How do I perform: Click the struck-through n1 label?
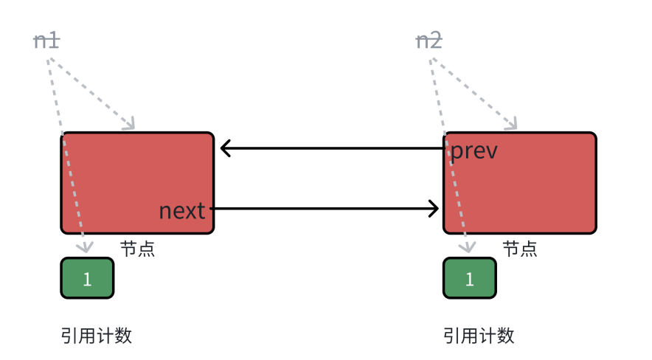tap(46, 41)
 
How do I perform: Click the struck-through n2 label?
tap(429, 41)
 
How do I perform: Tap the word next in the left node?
tap(182, 211)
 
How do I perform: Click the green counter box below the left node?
tap(87, 278)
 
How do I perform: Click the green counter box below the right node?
tap(470, 278)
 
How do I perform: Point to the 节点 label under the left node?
tap(137, 249)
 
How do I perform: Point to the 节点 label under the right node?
tap(520, 249)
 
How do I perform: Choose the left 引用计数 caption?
tap(96, 336)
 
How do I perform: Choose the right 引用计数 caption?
tap(479, 336)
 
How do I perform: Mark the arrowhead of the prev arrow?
tap(225, 148)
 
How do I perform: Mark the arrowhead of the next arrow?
tap(434, 209)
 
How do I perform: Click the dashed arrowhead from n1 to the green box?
tap(83, 247)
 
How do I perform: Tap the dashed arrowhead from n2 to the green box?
tap(465, 247)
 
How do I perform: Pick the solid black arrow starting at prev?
tap(332, 148)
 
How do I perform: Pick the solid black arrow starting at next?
tap(325, 209)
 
